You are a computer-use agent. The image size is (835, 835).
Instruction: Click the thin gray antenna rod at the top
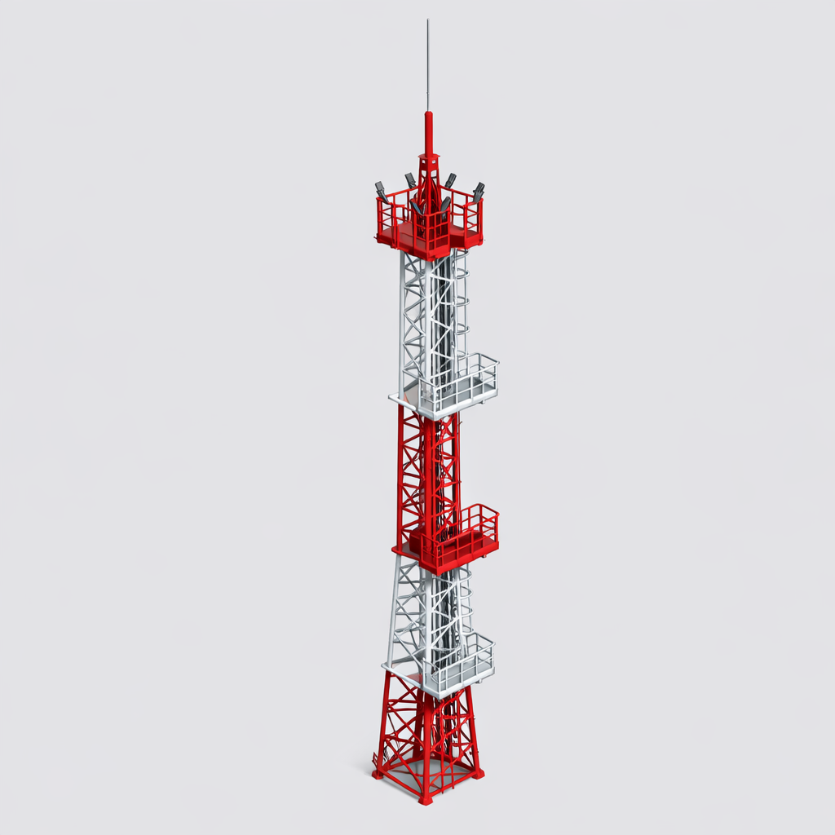[x=427, y=65]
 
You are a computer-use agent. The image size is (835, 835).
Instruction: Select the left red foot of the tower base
[x=377, y=771]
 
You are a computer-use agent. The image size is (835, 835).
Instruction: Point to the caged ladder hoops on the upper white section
[x=460, y=310]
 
